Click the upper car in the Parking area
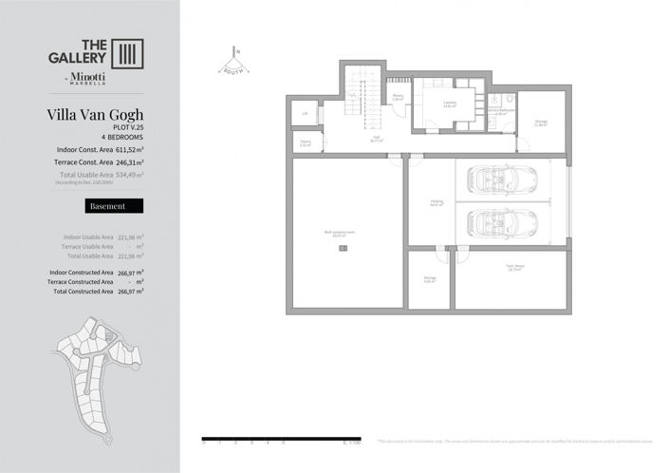tap(503, 179)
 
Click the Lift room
tap(304, 113)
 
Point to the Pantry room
tap(306, 143)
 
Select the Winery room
tap(398, 97)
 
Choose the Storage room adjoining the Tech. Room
tap(430, 279)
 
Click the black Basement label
tap(114, 206)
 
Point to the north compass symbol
tap(234, 62)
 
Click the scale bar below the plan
tap(285, 439)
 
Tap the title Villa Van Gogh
tap(95, 116)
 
